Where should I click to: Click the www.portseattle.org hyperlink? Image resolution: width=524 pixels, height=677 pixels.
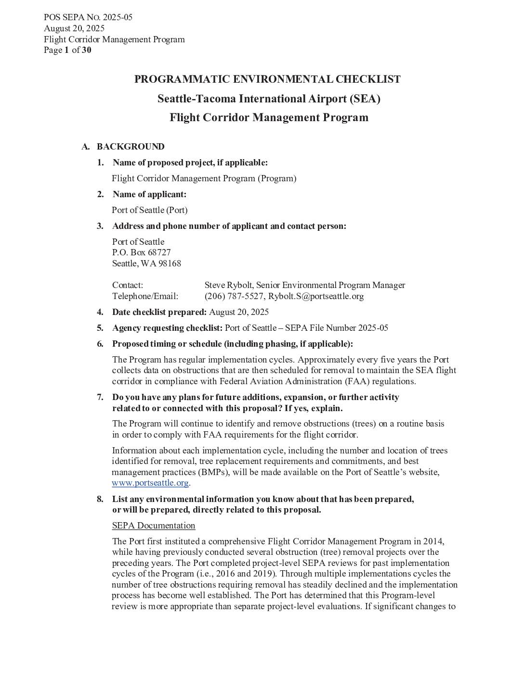coord(150,483)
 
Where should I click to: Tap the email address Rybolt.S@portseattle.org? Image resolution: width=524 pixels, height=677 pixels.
coord(316,296)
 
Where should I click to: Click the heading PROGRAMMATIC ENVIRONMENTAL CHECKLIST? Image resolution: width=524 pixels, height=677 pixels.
coord(267,79)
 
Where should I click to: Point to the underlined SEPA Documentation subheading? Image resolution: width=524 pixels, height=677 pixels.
coord(154,526)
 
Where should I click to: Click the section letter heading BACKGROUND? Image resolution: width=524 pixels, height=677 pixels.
coord(131,147)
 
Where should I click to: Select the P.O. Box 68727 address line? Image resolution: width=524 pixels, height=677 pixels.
coord(141,252)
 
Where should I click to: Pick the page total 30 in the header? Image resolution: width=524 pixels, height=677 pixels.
coord(86,50)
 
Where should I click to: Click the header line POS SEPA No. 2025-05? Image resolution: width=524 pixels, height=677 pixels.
coord(88,17)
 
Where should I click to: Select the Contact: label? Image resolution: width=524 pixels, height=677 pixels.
coord(128,285)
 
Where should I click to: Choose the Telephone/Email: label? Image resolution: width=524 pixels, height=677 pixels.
coord(145,296)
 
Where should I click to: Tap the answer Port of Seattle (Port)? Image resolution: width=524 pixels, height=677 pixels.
coord(150,210)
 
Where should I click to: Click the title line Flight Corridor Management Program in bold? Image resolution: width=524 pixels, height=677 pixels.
coord(269,118)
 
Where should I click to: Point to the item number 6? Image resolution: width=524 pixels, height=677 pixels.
coord(100,344)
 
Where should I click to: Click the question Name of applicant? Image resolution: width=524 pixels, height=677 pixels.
coord(149,194)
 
